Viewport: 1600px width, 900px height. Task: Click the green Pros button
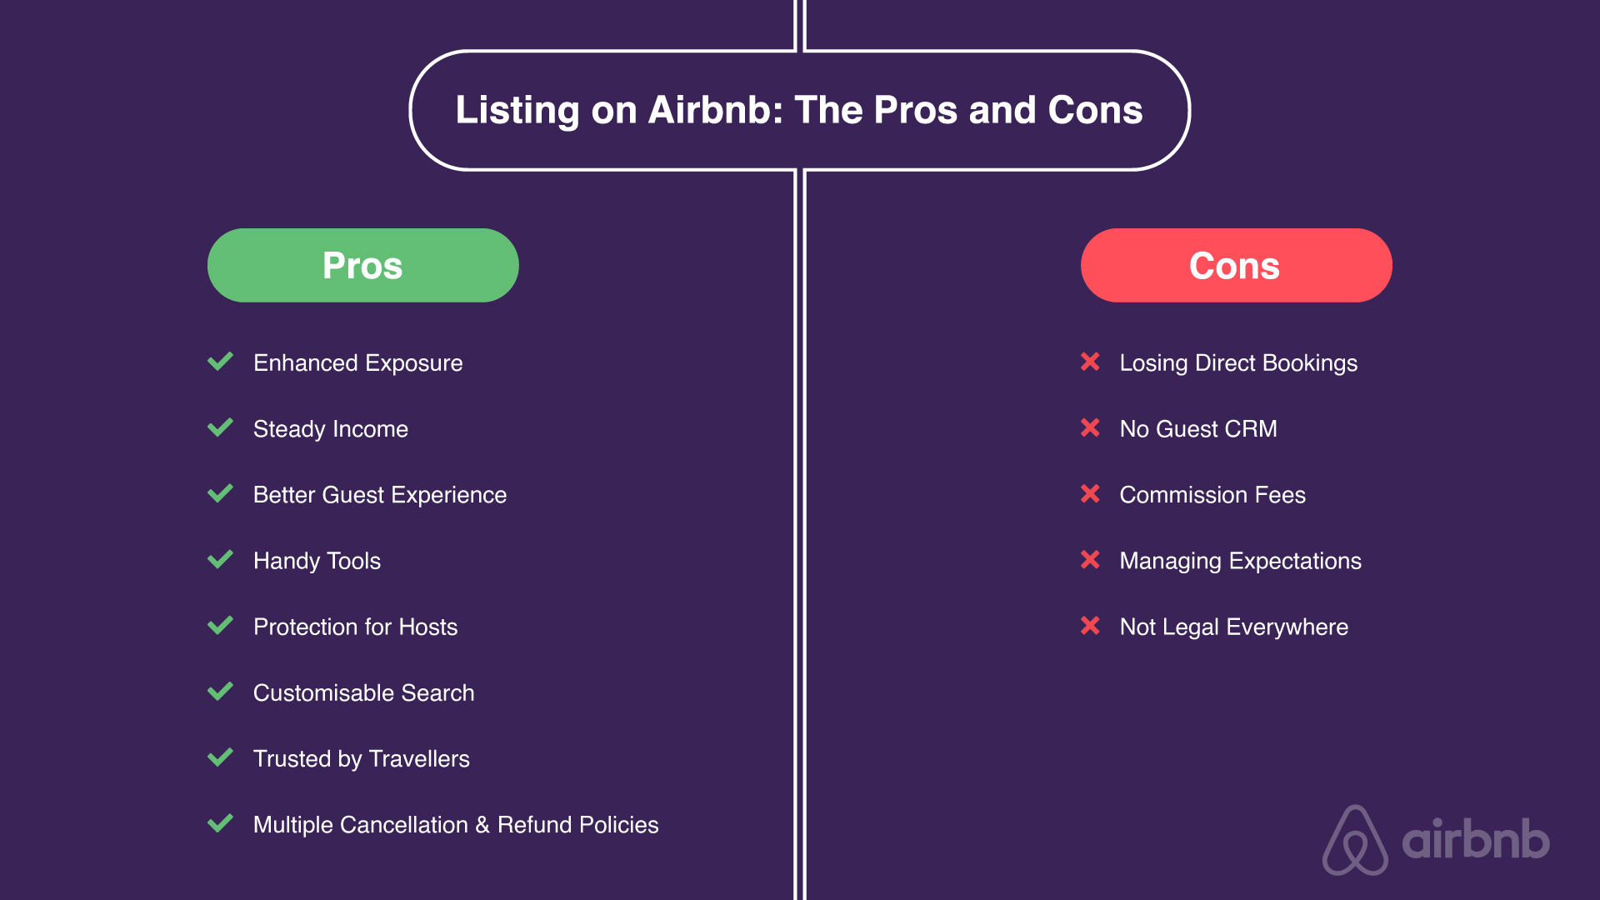(362, 265)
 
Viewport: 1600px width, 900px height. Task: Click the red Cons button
(1236, 265)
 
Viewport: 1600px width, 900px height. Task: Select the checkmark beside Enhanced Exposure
(220, 362)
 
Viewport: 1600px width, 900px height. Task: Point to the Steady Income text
(331, 429)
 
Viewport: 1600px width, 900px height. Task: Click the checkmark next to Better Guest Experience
(220, 493)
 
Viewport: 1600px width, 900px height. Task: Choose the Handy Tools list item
(317, 561)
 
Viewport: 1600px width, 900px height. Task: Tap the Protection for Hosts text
(356, 627)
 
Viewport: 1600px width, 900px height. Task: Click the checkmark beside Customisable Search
(220, 692)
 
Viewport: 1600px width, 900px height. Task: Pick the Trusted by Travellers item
(362, 759)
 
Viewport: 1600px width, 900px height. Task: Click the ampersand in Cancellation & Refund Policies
(482, 825)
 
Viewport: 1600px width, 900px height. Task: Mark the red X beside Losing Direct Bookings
(1090, 362)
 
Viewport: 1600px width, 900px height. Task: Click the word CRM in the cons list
(1251, 429)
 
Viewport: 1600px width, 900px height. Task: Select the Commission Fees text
(1212, 495)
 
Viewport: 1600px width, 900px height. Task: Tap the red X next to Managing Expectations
(1090, 559)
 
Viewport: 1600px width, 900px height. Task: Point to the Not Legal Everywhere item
(1234, 627)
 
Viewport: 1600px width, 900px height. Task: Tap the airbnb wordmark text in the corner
(1476, 839)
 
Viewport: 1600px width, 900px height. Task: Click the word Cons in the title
(1095, 110)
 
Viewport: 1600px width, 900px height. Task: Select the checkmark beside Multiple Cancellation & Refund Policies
(220, 823)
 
